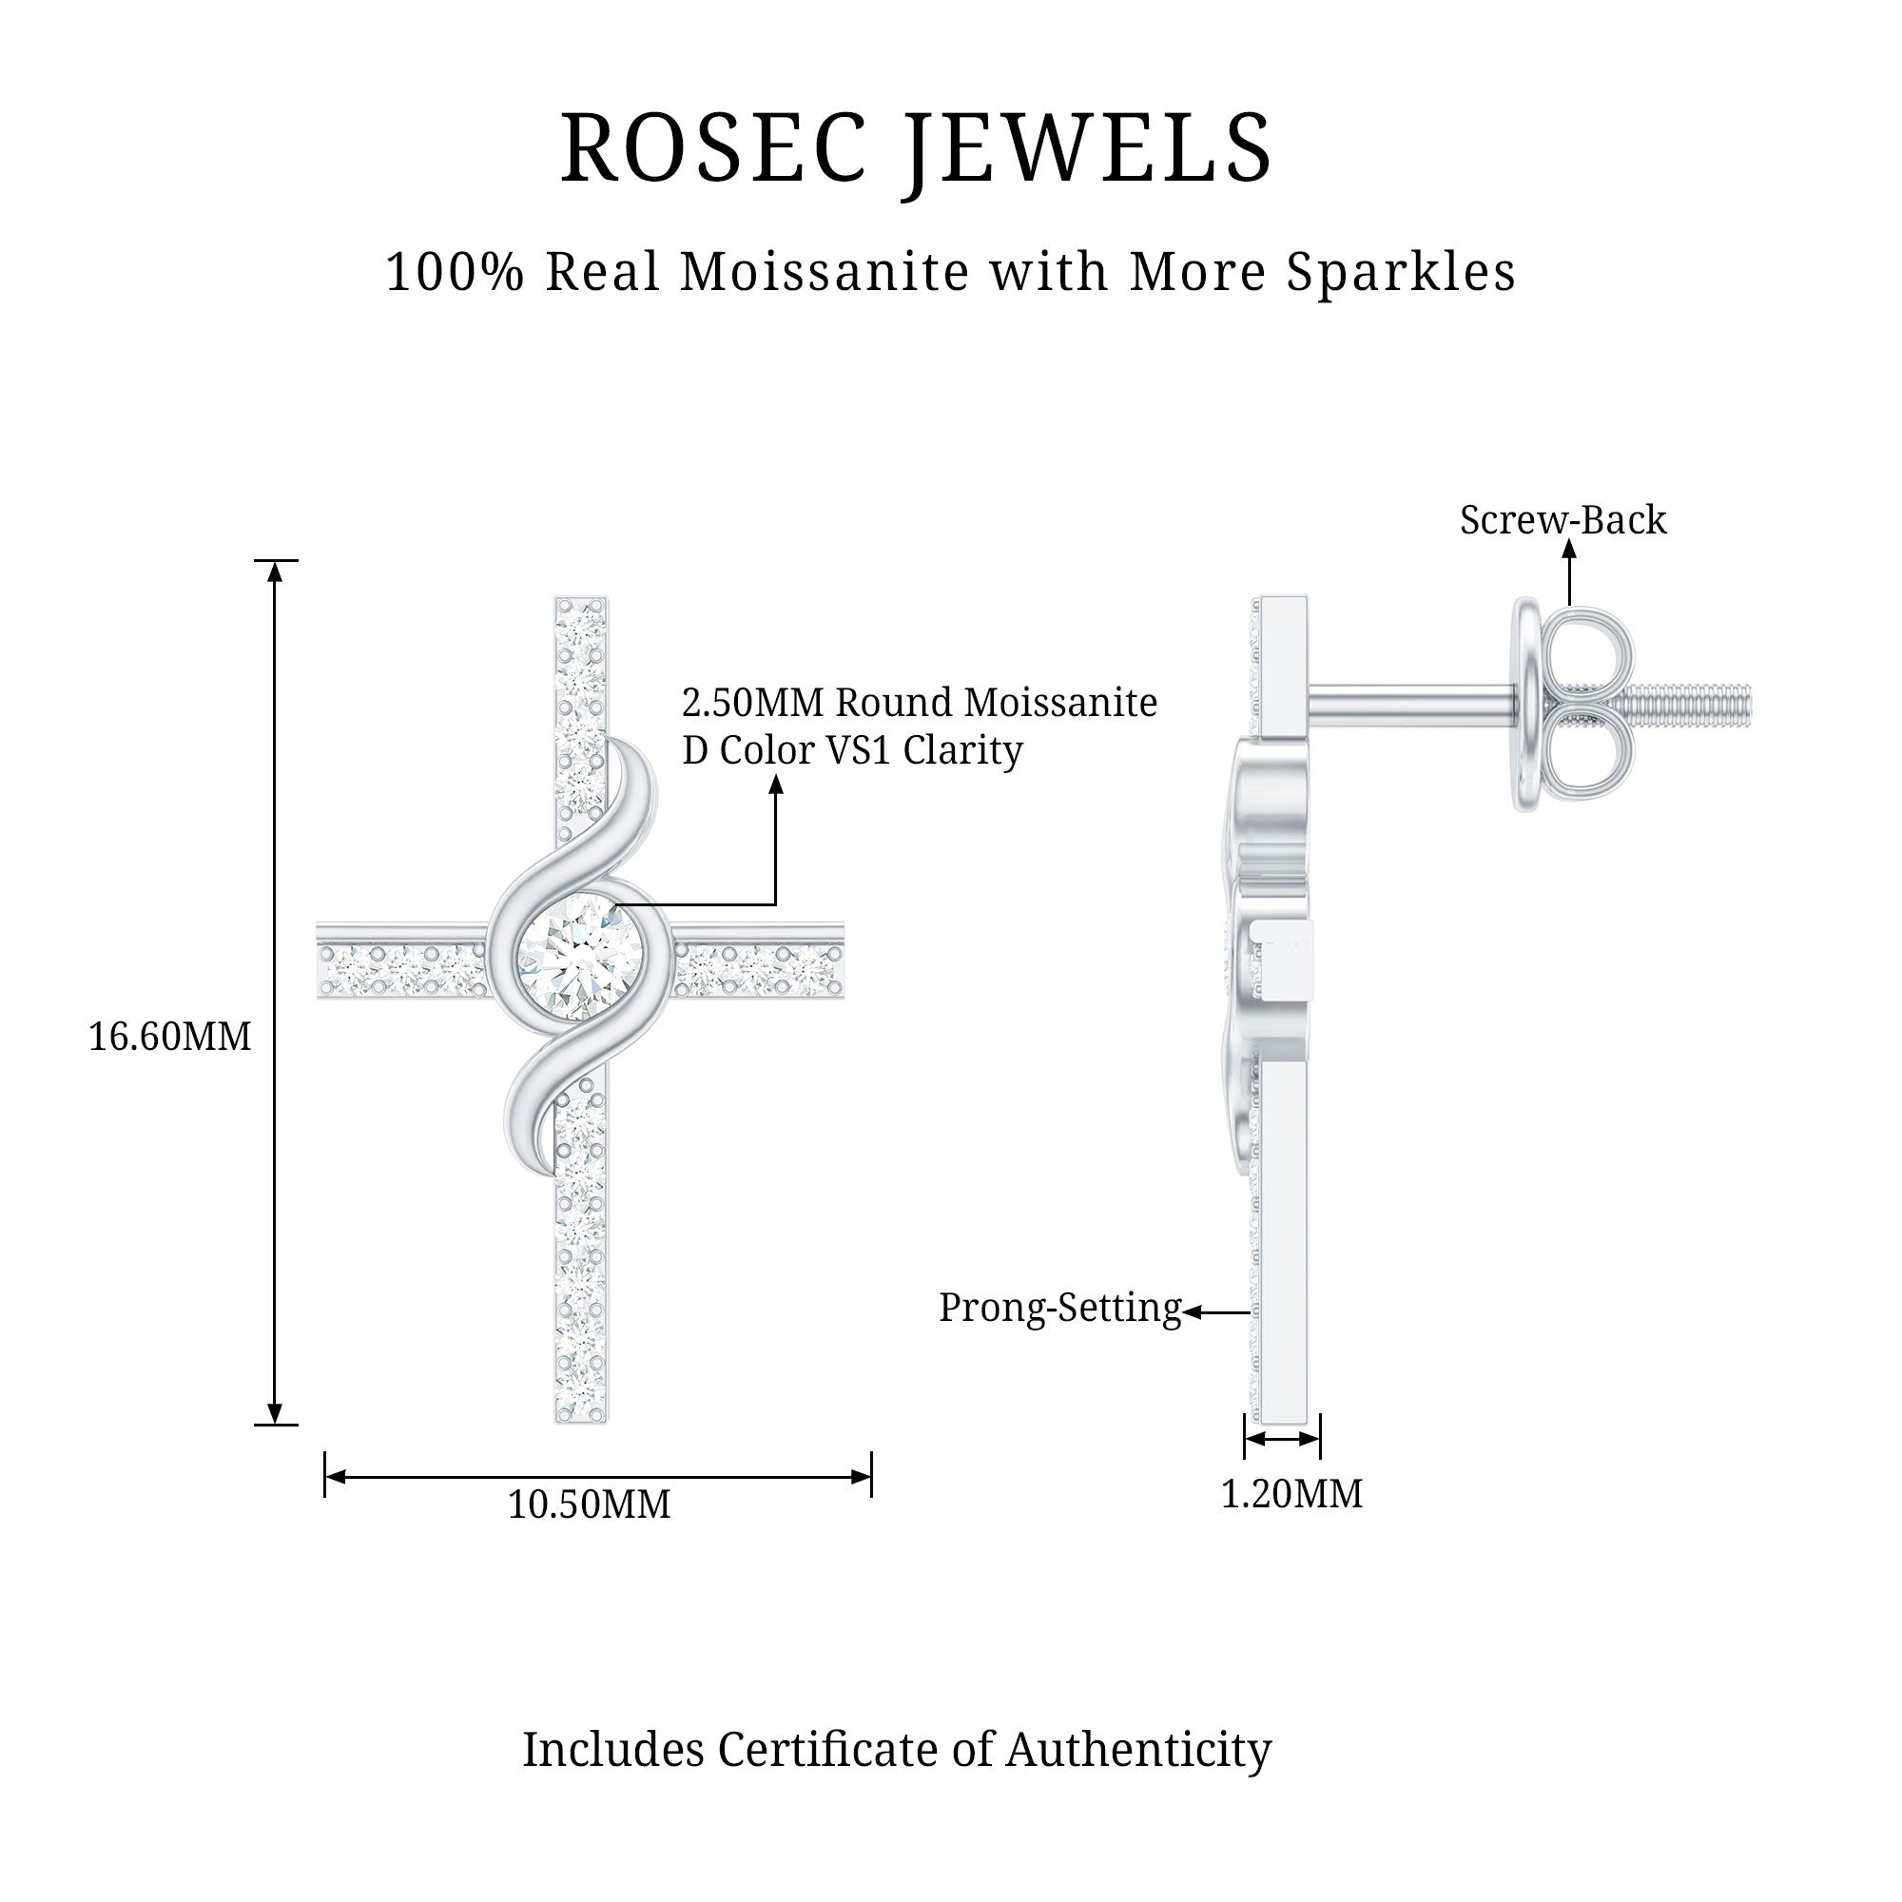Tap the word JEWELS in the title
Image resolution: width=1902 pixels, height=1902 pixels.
pos(1088,148)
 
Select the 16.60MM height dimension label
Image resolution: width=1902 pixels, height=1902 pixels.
pos(169,1037)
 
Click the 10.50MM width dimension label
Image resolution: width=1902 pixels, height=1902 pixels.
pos(589,1504)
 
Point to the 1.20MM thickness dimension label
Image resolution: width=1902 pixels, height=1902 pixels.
pos(1291,1494)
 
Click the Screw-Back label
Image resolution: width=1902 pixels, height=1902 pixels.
pos(1562,520)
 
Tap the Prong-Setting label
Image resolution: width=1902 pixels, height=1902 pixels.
pos(1059,1308)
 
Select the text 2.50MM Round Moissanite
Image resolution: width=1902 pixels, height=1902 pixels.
pos(920,703)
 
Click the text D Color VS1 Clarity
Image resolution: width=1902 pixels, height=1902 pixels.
pos(852,750)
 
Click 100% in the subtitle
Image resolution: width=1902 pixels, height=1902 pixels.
pos(455,273)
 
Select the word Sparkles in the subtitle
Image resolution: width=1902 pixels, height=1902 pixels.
pos(1401,273)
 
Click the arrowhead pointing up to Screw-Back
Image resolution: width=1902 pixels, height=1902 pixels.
pos(1569,551)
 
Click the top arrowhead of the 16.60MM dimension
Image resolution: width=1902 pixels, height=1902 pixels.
pos(276,570)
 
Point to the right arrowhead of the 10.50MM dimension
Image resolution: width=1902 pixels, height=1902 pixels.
pos(862,1477)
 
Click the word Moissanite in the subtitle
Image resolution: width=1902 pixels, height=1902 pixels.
pos(825,273)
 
